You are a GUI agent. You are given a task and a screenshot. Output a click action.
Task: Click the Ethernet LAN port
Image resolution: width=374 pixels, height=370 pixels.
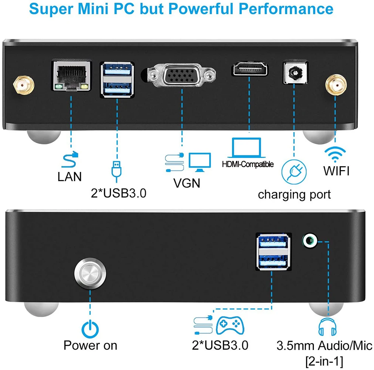pos(71,75)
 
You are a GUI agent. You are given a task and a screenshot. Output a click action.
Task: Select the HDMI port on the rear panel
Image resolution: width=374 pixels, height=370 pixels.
pos(249,70)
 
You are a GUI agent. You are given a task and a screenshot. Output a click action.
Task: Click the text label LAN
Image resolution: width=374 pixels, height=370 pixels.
pos(70,176)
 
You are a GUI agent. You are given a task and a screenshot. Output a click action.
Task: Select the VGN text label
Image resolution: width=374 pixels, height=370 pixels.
pos(187,183)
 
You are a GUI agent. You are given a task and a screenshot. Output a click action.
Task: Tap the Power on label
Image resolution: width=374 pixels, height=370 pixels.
pos(90,345)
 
